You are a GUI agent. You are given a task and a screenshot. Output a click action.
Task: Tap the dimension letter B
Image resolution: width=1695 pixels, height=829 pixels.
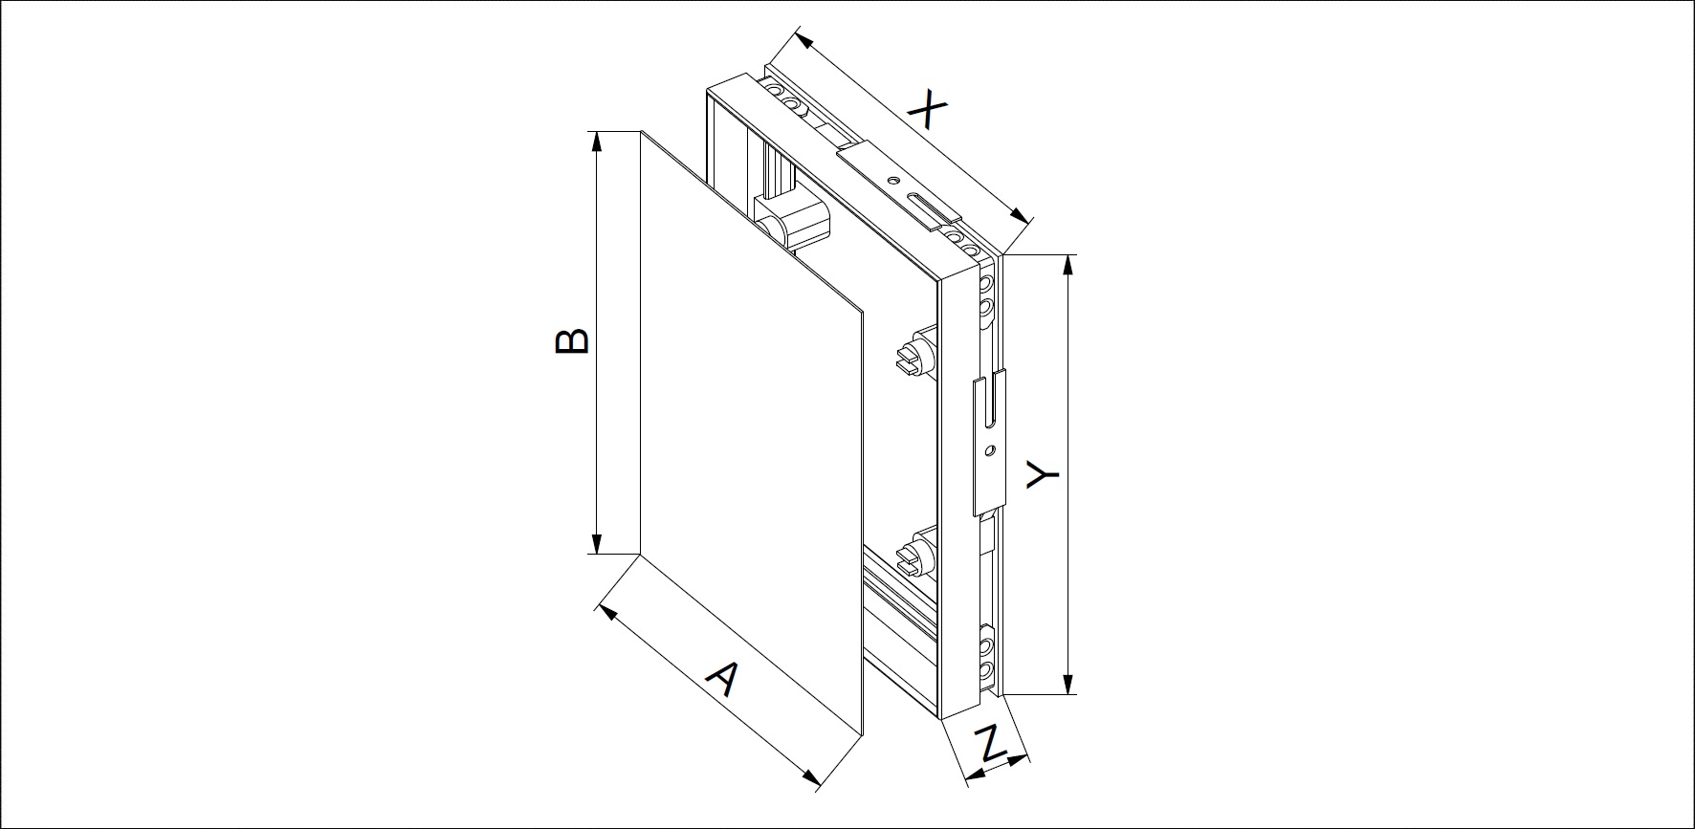tap(572, 342)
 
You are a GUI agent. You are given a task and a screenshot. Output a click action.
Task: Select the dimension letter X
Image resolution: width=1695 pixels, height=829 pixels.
tap(926, 110)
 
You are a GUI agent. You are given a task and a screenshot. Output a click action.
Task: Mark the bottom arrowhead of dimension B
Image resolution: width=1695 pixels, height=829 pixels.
tap(598, 546)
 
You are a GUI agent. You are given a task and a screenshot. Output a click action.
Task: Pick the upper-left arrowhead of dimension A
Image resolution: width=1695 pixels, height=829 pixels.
tap(605, 609)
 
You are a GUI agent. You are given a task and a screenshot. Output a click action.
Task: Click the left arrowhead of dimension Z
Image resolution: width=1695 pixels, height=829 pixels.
tap(974, 777)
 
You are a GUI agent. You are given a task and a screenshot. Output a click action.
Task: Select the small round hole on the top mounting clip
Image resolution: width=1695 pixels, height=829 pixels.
tap(892, 180)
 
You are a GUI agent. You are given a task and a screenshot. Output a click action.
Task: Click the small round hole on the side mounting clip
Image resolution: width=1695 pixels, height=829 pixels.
tap(990, 447)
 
